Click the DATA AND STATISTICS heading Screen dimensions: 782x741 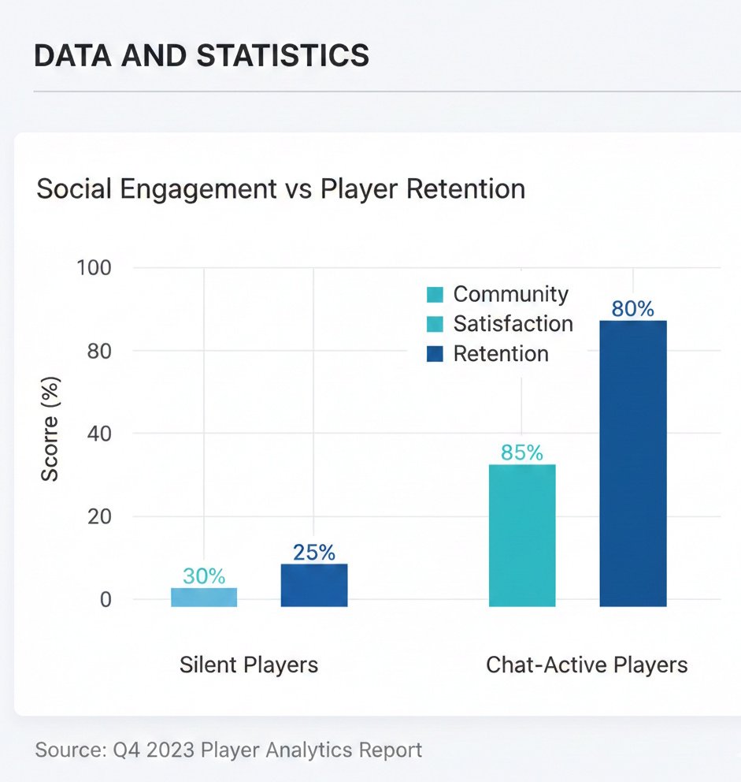pyautogui.click(x=202, y=56)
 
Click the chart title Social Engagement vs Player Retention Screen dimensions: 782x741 pyautogui.click(x=280, y=189)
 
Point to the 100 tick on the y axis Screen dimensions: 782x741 pyautogui.click(x=94, y=267)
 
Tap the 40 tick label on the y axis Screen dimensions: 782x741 pyautogui.click(x=98, y=434)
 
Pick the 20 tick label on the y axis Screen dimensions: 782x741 pyautogui.click(x=98, y=516)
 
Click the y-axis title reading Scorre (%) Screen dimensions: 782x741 pyautogui.click(x=50, y=430)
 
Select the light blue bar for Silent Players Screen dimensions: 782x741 pyautogui.click(x=204, y=597)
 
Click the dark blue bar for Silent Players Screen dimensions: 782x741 pyautogui.click(x=314, y=585)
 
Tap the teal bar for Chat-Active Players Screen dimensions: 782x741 pyautogui.click(x=522, y=535)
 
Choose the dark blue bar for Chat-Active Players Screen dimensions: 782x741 pyautogui.click(x=633, y=463)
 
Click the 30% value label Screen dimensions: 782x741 pyautogui.click(x=204, y=575)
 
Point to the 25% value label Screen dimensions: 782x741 pyautogui.click(x=314, y=552)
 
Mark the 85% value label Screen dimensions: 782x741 pyautogui.click(x=522, y=452)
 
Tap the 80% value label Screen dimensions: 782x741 pyautogui.click(x=633, y=308)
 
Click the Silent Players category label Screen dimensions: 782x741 pyautogui.click(x=249, y=665)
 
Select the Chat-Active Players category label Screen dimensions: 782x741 pyautogui.click(x=587, y=665)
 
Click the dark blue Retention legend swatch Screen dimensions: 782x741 pyautogui.click(x=435, y=354)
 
